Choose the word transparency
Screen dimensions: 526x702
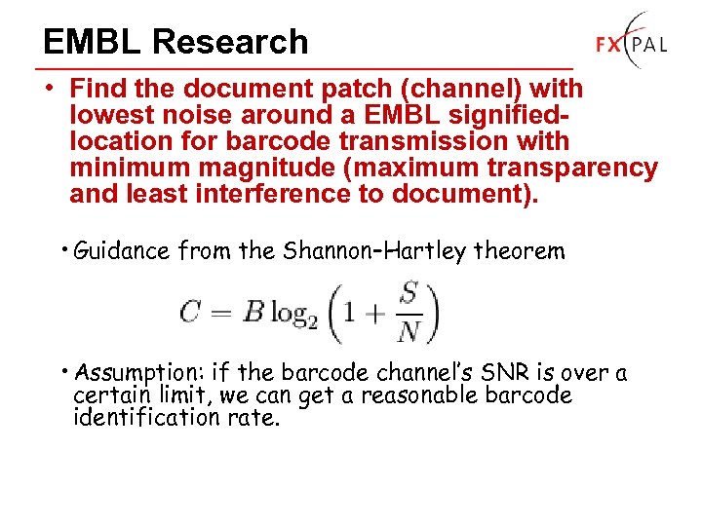pyautogui.click(x=578, y=168)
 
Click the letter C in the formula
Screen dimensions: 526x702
pyautogui.click(x=190, y=312)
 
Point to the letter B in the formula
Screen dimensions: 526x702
pyautogui.click(x=253, y=312)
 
